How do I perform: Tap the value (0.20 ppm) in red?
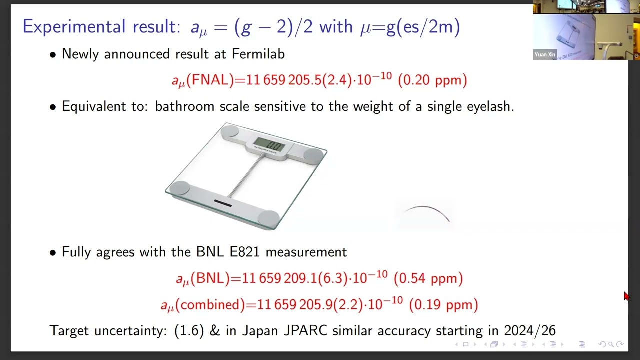432,80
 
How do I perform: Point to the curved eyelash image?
425,213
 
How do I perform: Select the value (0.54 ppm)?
428,278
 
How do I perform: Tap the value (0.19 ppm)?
443,304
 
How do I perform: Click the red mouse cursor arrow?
626,296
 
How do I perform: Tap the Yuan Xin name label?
545,54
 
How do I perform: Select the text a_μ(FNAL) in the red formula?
202,80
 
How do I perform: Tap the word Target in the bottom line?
69,330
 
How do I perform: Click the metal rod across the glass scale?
246,175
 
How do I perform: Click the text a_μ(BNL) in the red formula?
203,279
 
